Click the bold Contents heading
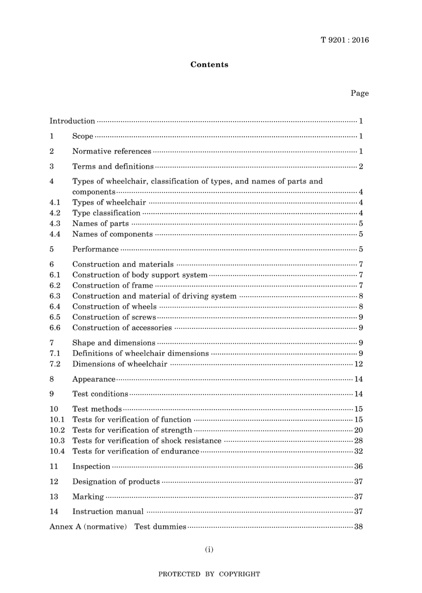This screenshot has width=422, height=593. [209, 64]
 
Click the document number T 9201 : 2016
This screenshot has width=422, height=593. [345, 40]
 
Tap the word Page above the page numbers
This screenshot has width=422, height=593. [359, 93]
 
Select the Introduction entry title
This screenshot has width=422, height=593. [72, 121]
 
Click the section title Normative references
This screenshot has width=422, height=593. [111, 151]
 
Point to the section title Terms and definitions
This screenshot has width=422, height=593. [113, 166]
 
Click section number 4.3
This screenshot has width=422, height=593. [55, 224]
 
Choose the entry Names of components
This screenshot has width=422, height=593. [112, 234]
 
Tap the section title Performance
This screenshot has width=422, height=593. [96, 249]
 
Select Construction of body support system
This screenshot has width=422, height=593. [140, 275]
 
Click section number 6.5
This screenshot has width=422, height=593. [55, 317]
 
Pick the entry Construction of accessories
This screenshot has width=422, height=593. [122, 328]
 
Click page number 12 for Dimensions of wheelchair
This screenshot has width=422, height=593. [358, 364]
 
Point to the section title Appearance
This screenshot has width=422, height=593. [94, 380]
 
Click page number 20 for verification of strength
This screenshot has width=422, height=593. [358, 430]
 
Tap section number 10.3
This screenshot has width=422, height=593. [57, 441]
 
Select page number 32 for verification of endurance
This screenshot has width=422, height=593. [358, 451]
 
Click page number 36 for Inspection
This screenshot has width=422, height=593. [358, 466]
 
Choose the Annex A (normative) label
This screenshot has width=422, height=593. [88, 527]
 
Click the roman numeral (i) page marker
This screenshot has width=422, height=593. [209, 550]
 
